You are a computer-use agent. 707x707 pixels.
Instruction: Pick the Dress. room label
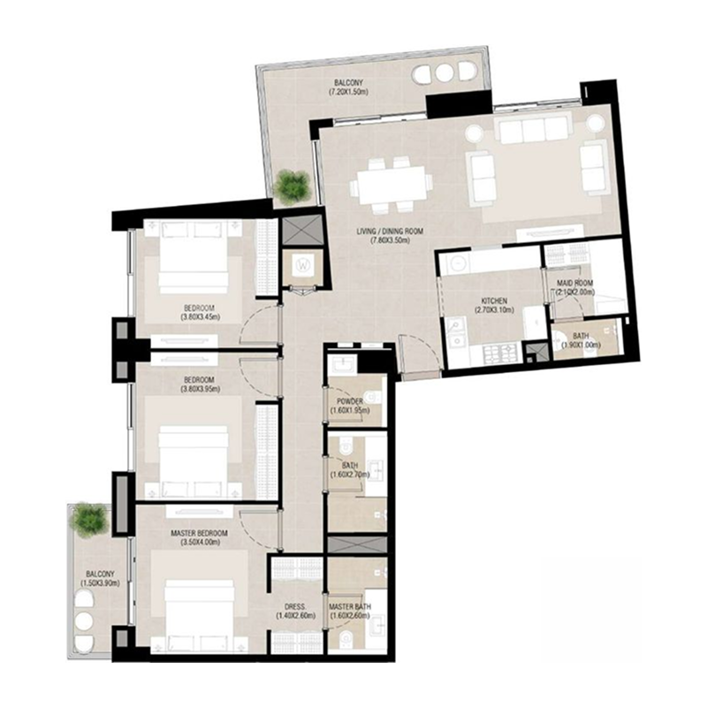point(295,612)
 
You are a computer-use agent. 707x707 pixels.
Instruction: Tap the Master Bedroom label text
point(200,538)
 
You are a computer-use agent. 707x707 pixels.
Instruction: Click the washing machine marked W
point(303,265)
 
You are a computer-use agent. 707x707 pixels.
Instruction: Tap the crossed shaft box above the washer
point(302,230)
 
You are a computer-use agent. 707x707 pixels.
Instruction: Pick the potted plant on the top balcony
point(290,186)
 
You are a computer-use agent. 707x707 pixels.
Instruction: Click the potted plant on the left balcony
point(89,519)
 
